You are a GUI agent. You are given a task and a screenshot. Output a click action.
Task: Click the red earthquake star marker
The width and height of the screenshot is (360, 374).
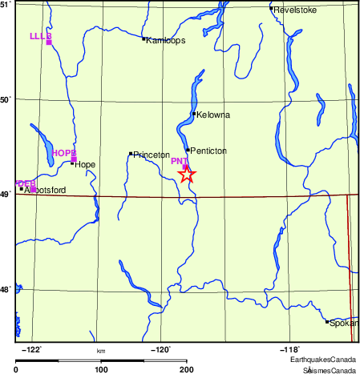pyautogui.click(x=186, y=174)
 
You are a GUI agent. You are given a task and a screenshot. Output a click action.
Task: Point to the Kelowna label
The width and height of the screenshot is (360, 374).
pyautogui.click(x=212, y=115)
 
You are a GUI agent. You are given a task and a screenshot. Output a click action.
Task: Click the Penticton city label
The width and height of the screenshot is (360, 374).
pyautogui.click(x=208, y=151)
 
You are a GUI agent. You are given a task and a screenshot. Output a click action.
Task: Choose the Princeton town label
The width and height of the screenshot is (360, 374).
pyautogui.click(x=151, y=155)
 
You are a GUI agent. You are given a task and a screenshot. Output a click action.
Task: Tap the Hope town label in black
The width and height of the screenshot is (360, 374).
pyautogui.click(x=85, y=165)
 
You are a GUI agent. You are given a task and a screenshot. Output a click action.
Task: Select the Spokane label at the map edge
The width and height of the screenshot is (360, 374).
pyautogui.click(x=344, y=323)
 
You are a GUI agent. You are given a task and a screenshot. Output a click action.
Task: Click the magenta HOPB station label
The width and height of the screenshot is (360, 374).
pyautogui.click(x=63, y=153)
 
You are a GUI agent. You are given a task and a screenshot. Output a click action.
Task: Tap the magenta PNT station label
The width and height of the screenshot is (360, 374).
pyautogui.click(x=179, y=162)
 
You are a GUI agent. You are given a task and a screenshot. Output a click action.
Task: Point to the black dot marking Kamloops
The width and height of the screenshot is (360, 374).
pyautogui.click(x=144, y=38)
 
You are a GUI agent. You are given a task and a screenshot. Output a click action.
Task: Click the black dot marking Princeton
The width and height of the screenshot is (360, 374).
pyautogui.click(x=131, y=154)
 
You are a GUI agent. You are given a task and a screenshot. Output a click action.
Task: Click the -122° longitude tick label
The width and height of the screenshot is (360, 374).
pyautogui.click(x=31, y=349)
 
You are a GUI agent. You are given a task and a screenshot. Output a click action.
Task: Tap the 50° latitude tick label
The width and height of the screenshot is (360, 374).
pyautogui.click(x=6, y=100)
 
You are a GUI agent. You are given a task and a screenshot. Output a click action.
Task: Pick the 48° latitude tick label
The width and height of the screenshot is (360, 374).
pyautogui.click(x=6, y=289)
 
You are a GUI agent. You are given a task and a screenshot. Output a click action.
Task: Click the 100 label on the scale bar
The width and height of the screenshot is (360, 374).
pyautogui.click(x=101, y=369)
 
